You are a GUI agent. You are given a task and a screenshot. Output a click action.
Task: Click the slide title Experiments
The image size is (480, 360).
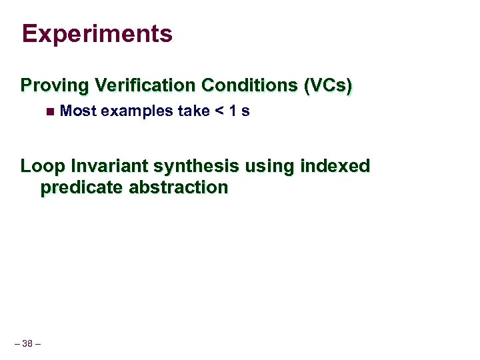[97, 33]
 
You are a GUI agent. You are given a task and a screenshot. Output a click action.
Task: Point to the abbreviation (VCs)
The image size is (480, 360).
[327, 85]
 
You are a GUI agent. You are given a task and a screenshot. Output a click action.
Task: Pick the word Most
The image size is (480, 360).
[78, 111]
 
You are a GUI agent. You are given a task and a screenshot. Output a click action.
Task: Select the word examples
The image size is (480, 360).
[137, 111]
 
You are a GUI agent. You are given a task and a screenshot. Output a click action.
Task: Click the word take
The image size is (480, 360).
[193, 111]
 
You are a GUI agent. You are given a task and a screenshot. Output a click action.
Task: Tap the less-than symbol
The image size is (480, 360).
[219, 111]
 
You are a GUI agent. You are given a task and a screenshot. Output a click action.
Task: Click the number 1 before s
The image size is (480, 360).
[233, 111]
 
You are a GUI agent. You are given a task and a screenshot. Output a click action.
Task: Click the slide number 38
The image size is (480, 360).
[27, 344]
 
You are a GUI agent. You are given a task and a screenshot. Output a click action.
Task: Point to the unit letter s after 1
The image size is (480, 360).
[246, 111]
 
